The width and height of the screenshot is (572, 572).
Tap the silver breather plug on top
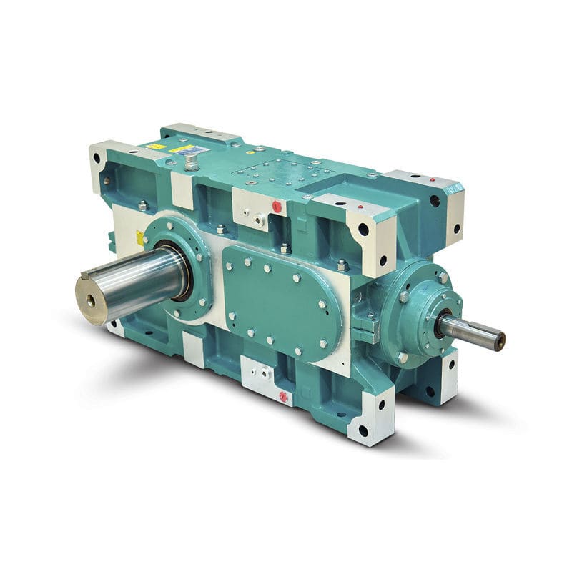coord(190,164)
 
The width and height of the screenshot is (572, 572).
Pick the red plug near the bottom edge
coord(284,396)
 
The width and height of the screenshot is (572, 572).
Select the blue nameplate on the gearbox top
coord(188,150)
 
